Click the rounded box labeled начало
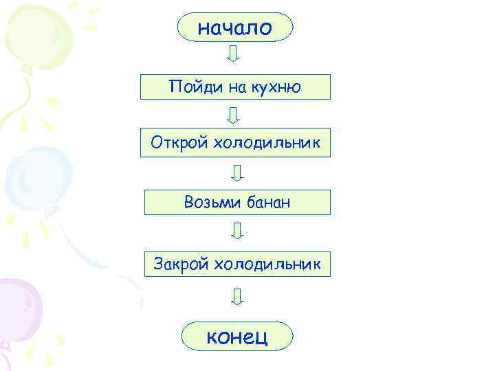pyautogui.click(x=235, y=27)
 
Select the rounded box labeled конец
pyautogui.click(x=237, y=336)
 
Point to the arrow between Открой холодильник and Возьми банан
pyautogui.click(x=237, y=172)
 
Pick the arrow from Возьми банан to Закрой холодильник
pyautogui.click(x=237, y=231)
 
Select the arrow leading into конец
pyautogui.click(x=237, y=297)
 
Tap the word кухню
pyautogui.click(x=277, y=87)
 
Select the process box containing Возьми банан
pyautogui.click(x=237, y=202)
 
